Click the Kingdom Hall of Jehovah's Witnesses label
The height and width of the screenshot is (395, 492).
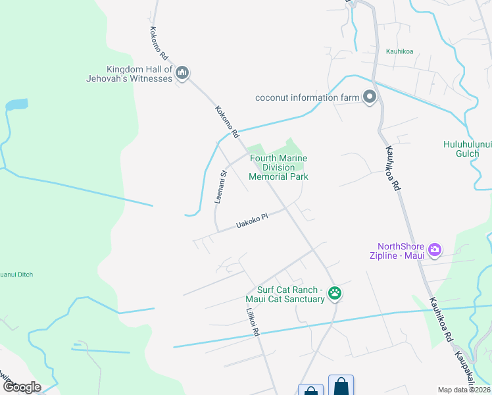point(139,74)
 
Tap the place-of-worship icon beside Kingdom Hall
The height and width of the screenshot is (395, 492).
point(183,72)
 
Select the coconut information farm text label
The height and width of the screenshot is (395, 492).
point(307,98)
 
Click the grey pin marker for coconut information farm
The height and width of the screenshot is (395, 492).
point(369,97)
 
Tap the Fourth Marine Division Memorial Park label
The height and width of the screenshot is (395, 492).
point(278,167)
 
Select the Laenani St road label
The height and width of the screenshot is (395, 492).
point(222,186)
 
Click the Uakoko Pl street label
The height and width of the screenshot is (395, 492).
point(253,222)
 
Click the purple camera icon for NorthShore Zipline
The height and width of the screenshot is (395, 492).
point(434,250)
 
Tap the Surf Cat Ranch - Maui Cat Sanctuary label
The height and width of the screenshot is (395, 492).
point(291,294)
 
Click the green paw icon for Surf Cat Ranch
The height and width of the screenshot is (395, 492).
point(335,294)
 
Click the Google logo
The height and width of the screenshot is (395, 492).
point(21,387)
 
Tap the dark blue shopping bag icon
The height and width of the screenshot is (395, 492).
point(341,386)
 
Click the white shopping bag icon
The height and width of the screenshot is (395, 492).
point(310,390)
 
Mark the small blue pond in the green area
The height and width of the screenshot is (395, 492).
point(16,104)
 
